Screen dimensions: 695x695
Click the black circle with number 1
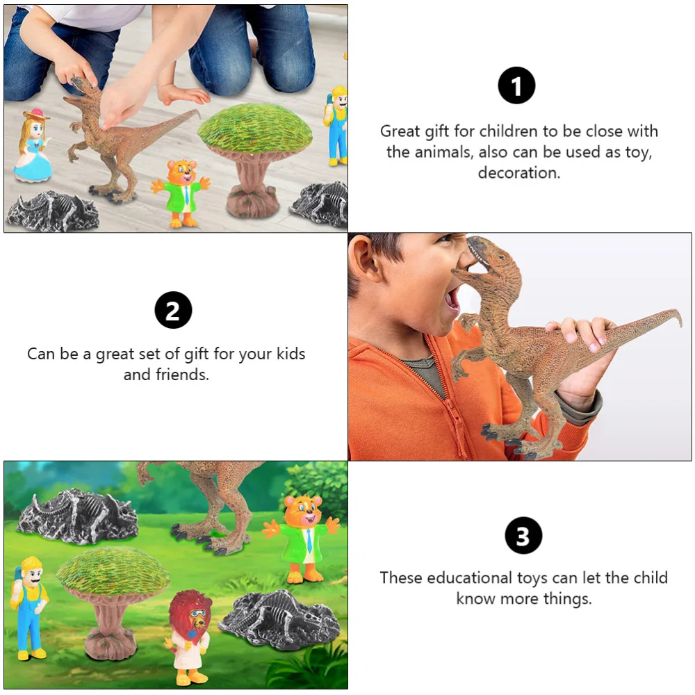pyautogui.click(x=516, y=86)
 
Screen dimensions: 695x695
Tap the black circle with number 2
pyautogui.click(x=172, y=310)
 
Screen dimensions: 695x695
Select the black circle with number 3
pyautogui.click(x=523, y=537)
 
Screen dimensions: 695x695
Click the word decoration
pyautogui.click(x=518, y=173)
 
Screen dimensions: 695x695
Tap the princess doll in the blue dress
pyautogui.click(x=33, y=149)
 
